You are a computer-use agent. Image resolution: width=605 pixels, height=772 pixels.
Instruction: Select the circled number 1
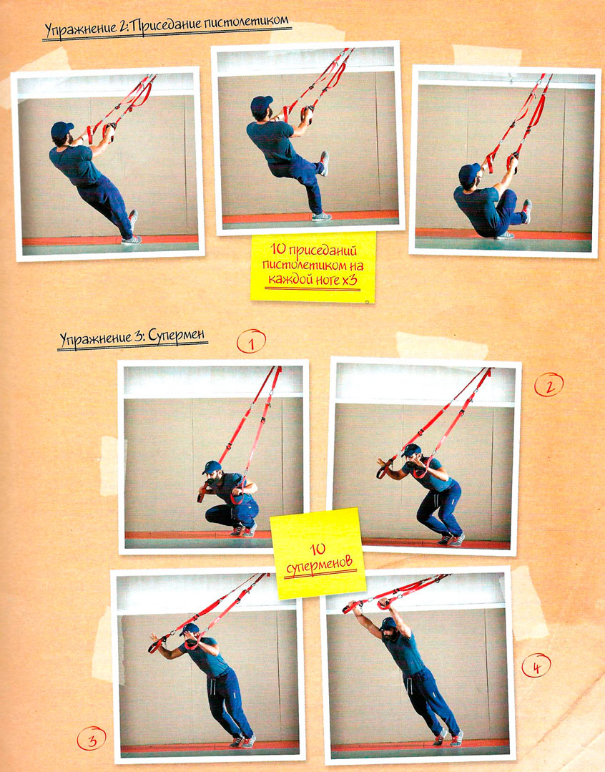(251, 342)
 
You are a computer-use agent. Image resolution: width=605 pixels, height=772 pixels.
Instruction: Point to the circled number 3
(92, 738)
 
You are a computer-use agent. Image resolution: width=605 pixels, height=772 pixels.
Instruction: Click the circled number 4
(536, 666)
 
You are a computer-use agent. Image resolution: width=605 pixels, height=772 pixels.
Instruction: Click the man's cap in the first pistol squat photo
(62, 130)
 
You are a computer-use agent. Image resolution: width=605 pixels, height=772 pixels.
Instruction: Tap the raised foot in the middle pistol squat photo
(324, 163)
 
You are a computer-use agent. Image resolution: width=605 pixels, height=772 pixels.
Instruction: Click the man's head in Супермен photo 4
(389, 628)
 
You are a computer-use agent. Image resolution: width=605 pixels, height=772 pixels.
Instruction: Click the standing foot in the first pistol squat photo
(132, 240)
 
